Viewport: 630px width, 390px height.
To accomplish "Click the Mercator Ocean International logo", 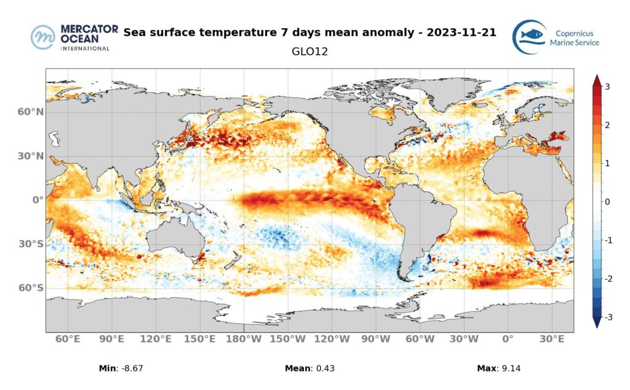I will pos(70,38).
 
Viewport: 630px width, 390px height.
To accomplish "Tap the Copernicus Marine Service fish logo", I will pos(529,37).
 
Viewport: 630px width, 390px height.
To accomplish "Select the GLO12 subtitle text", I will pos(309,52).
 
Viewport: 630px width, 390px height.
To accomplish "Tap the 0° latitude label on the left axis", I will pos(37,200).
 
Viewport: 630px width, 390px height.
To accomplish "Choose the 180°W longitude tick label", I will pos(245,340).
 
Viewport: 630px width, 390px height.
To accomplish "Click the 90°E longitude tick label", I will pos(112,340).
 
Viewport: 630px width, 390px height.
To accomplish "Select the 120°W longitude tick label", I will pos(332,340).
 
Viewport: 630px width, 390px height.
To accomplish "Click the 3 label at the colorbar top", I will pos(607,87).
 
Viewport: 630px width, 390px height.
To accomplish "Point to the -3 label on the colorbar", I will pos(606,317).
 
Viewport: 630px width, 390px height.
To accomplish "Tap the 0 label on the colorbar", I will pos(607,202).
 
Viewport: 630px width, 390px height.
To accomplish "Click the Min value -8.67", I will pos(132,368).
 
